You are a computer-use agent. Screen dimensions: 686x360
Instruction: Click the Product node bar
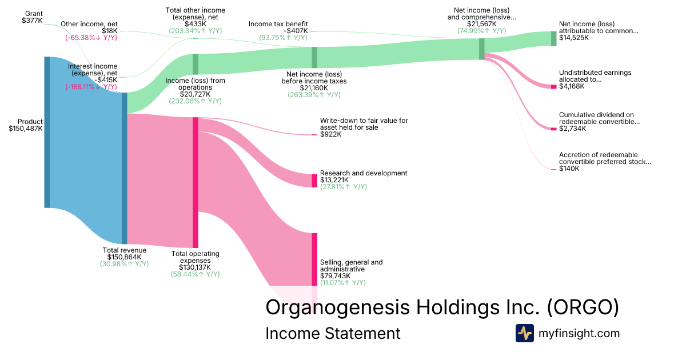tap(47, 132)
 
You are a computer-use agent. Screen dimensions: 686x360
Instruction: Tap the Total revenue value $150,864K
tap(124, 257)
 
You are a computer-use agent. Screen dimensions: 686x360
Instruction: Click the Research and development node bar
tap(314, 181)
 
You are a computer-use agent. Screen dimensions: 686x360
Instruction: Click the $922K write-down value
tap(330, 135)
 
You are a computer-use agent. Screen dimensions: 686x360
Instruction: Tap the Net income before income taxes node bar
tap(314, 58)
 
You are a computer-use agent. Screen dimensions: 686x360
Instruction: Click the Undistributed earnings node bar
tap(553, 86)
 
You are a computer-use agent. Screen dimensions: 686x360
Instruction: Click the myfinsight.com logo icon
tap(524, 333)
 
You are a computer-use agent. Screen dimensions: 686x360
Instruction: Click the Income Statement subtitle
tap(333, 333)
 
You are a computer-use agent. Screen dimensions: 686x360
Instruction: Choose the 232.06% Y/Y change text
tap(195, 101)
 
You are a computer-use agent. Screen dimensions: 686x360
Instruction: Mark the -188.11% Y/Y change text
tap(91, 87)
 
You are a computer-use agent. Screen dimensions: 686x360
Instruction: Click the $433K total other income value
tap(195, 24)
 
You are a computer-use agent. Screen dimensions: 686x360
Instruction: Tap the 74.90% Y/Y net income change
tap(481, 31)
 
